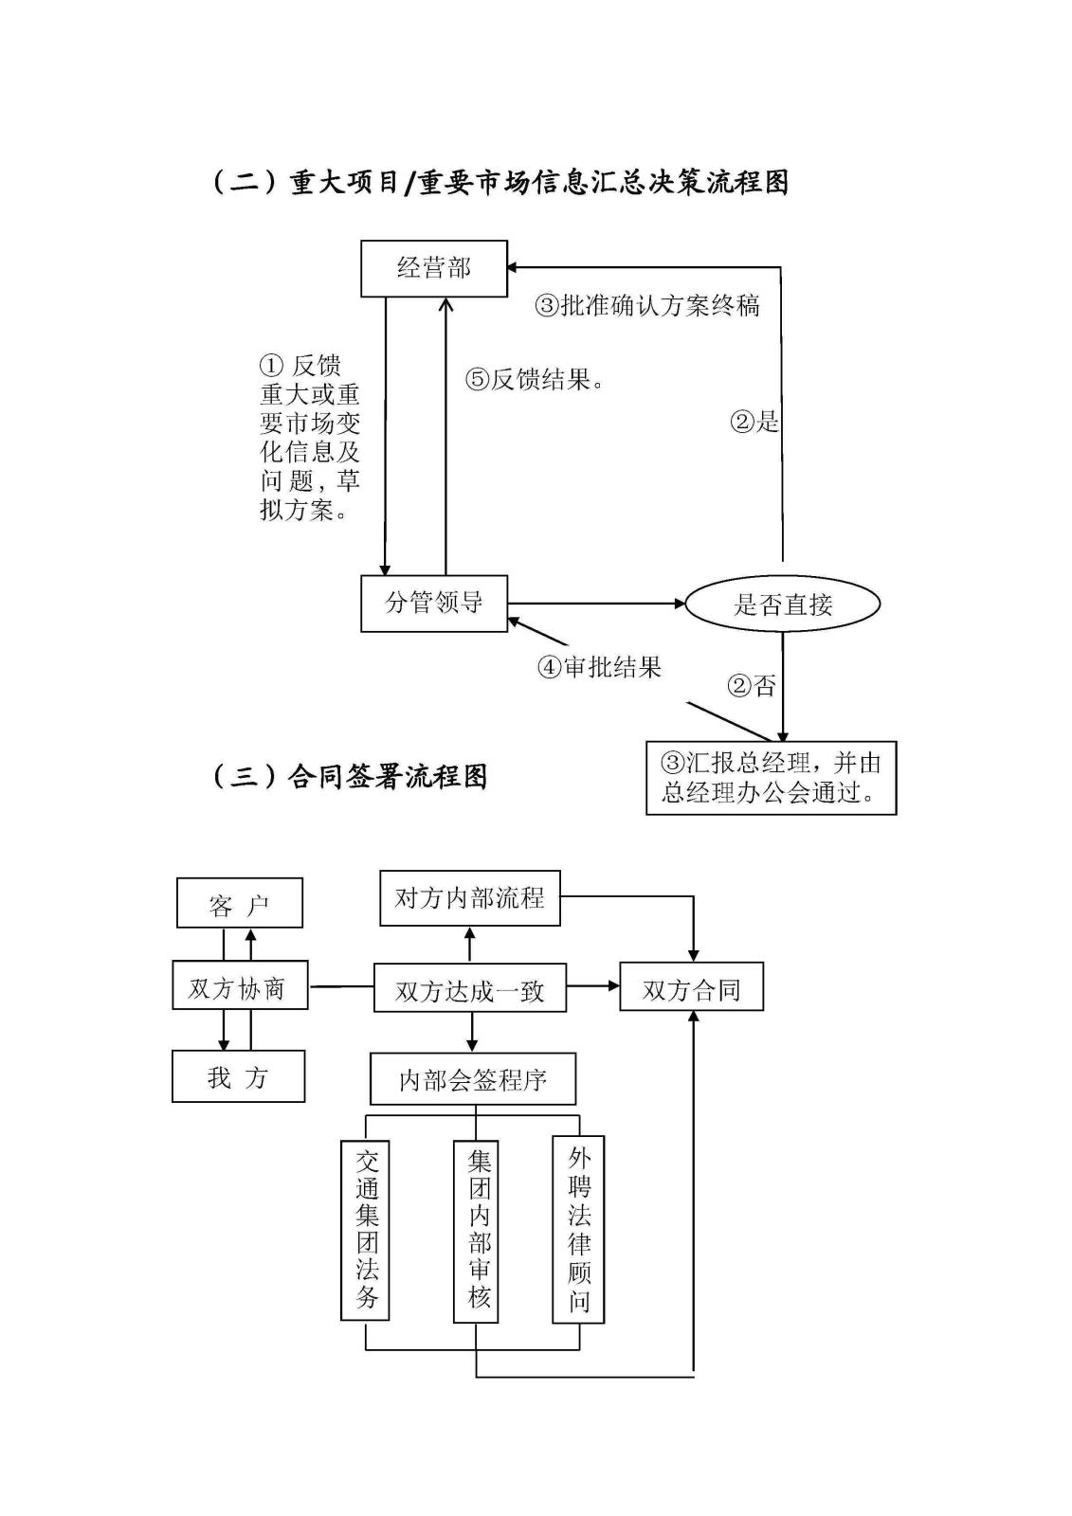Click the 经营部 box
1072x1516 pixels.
[x=434, y=269]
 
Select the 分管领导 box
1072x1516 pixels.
[x=434, y=603]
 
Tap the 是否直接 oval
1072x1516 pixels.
[x=783, y=604]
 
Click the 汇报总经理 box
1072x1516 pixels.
[x=771, y=778]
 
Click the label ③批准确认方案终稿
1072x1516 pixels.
[x=648, y=305]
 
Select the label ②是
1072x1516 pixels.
[x=754, y=422]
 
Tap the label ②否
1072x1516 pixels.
[x=752, y=685]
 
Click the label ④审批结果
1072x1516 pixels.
[x=600, y=667]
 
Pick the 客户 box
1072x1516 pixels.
[x=240, y=903]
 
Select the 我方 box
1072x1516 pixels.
[x=238, y=1076]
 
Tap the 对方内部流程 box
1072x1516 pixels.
[x=469, y=898]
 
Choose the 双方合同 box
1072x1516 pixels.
[x=691, y=987]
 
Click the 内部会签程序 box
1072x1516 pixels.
[x=473, y=1079]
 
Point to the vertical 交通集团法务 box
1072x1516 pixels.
[x=366, y=1229]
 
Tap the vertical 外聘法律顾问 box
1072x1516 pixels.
[x=578, y=1229]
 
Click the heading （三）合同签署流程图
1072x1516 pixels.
[x=349, y=777]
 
